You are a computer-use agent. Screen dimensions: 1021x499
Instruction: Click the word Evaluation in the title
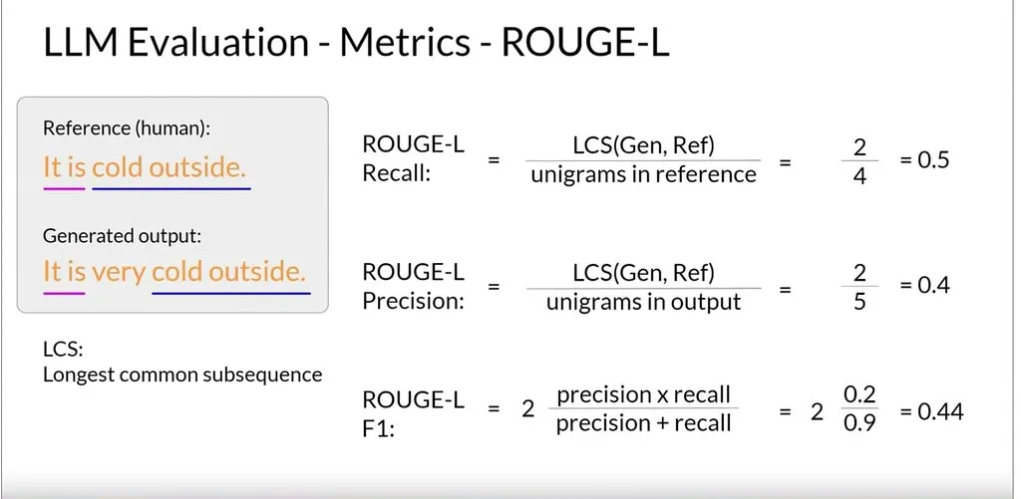point(217,43)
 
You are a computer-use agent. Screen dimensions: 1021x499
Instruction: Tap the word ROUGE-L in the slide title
point(584,43)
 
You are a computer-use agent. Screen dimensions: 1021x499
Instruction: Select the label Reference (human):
point(127,128)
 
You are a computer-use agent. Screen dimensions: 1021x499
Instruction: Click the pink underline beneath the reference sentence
point(65,188)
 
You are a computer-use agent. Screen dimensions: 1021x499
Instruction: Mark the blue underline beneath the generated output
point(231,294)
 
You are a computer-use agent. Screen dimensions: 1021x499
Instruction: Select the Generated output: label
point(123,236)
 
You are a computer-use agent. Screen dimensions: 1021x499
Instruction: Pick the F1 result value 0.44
point(940,411)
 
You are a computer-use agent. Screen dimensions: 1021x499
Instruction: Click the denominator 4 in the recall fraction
point(859,176)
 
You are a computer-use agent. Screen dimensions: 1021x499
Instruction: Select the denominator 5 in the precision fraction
point(859,302)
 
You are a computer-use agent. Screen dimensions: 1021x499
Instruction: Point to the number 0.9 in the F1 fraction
point(860,423)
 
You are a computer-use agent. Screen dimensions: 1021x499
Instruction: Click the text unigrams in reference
point(643,174)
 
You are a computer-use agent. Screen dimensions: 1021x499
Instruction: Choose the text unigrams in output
point(643,302)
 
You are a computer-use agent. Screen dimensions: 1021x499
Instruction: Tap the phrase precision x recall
point(643,394)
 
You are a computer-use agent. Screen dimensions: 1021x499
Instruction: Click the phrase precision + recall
point(643,423)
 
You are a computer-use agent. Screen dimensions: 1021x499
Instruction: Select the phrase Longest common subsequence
point(182,374)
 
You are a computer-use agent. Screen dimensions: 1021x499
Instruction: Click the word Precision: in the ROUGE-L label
point(413,301)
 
